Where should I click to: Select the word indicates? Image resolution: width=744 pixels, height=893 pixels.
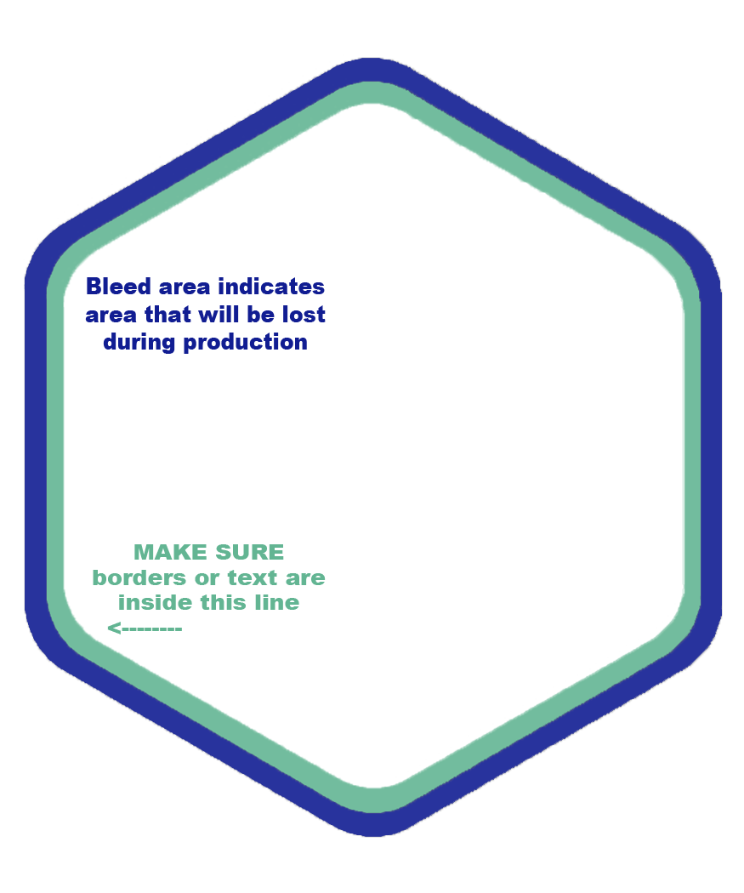[x=271, y=287]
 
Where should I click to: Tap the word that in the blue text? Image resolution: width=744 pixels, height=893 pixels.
[x=168, y=315]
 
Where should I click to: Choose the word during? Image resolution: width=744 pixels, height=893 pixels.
[x=139, y=343]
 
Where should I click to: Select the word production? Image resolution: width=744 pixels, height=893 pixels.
[x=246, y=343]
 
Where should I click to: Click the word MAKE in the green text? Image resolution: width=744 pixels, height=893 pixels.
[x=170, y=553]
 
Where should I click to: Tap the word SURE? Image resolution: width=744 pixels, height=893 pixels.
[x=249, y=553]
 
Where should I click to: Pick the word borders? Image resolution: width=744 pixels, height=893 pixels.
[x=139, y=577]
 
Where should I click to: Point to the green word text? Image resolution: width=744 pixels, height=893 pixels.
[x=253, y=578]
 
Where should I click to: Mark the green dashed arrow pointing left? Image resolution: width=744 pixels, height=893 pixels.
[x=145, y=629]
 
